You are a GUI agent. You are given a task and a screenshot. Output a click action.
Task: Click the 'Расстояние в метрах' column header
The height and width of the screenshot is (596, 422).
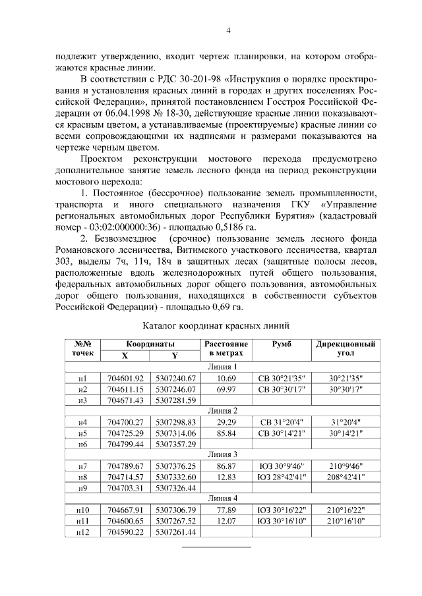226,348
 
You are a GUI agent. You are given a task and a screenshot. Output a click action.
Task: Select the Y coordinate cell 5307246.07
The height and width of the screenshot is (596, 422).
175,389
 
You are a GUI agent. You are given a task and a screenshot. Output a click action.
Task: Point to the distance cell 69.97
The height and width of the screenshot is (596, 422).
226,389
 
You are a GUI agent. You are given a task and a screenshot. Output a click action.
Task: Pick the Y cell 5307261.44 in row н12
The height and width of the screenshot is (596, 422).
175,531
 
